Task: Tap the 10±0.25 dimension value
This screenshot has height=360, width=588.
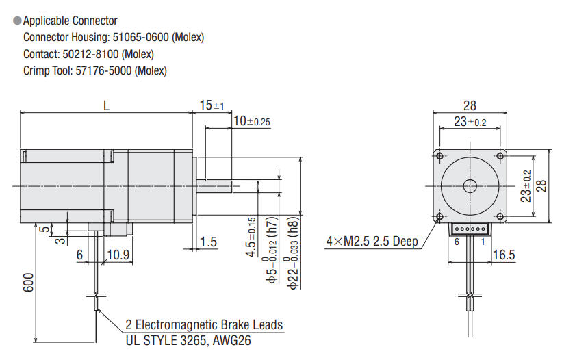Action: pyautogui.click(x=252, y=121)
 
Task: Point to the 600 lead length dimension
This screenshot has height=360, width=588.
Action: pyautogui.click(x=28, y=284)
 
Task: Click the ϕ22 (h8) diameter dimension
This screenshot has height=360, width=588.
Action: pyautogui.click(x=294, y=253)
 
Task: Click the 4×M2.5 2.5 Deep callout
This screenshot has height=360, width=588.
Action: pyautogui.click(x=372, y=242)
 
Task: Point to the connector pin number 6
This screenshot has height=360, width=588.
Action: pyautogui.click(x=457, y=242)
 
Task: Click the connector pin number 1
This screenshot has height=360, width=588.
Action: pyautogui.click(x=483, y=242)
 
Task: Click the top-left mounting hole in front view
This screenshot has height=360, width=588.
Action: pyautogui.click(x=439, y=156)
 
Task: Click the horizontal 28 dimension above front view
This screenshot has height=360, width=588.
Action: pyautogui.click(x=470, y=105)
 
